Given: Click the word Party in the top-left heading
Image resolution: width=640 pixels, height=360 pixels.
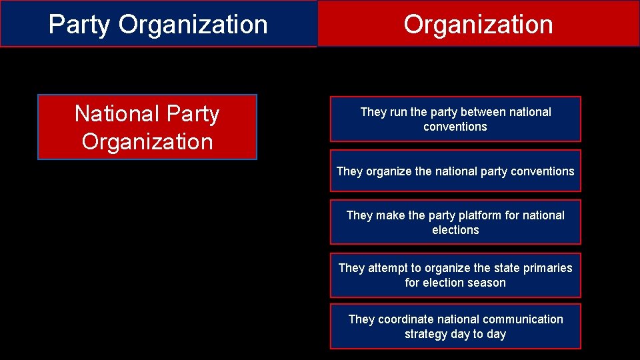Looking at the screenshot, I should point(80,25).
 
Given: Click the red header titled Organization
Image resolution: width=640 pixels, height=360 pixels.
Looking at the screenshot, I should point(478,24).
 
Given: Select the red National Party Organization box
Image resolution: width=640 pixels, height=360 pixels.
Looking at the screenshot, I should point(147,127).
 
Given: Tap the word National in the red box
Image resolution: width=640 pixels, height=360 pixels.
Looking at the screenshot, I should point(116,113).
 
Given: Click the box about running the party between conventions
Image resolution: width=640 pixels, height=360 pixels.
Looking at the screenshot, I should point(455,119).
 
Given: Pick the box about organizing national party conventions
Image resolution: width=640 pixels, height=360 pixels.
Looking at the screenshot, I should point(455,171).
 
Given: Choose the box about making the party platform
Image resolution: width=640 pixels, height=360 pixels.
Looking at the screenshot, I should point(455,222).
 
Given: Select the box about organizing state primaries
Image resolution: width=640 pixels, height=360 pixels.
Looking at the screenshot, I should point(455,275).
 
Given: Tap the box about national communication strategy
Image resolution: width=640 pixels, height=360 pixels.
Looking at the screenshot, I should point(455,326).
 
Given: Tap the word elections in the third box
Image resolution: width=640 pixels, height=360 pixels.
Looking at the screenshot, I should point(455,230).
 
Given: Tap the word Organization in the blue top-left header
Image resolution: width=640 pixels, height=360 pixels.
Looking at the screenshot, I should point(193,25).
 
